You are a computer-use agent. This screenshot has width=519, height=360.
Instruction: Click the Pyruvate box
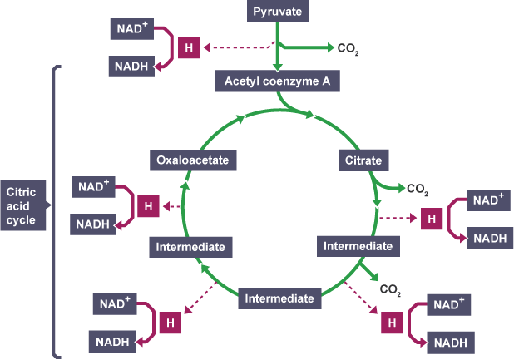[277, 12]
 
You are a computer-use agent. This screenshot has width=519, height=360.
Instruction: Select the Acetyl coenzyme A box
[277, 81]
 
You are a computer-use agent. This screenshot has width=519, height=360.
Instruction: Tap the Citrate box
[363, 159]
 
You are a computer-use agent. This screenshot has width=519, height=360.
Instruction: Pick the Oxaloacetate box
[189, 159]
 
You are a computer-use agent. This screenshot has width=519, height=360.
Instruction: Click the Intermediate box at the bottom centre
[279, 298]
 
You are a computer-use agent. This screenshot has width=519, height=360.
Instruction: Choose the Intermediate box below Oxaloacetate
[190, 247]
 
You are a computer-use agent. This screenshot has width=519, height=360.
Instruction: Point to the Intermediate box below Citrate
[358, 246]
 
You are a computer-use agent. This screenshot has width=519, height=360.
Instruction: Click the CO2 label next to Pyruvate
[348, 49]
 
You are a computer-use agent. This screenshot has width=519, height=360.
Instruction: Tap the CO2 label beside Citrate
[418, 189]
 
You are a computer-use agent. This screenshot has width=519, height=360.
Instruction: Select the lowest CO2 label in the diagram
[390, 290]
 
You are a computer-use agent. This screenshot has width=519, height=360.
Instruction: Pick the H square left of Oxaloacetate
[148, 205]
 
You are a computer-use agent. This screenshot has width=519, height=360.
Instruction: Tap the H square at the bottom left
[171, 320]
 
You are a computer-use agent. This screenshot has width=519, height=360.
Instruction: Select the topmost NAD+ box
[131, 29]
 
